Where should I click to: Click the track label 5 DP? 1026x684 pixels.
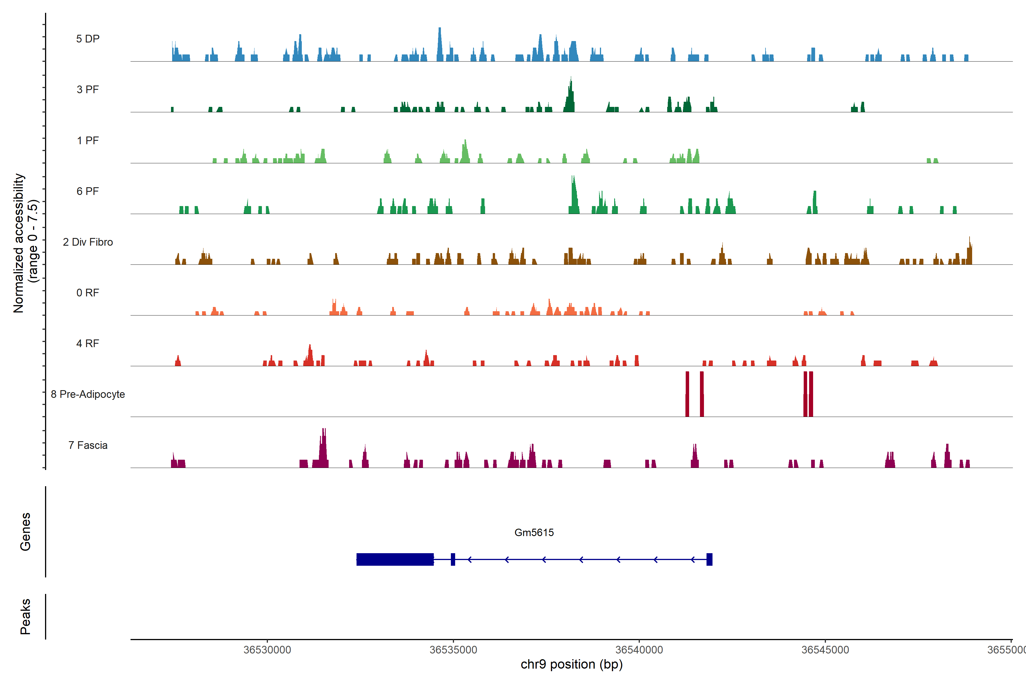[x=88, y=39]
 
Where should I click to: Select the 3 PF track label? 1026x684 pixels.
[x=88, y=89]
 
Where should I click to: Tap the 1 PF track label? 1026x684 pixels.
[x=88, y=141]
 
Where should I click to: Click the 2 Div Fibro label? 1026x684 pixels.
[x=88, y=242]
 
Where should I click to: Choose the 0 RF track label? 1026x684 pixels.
[x=88, y=293]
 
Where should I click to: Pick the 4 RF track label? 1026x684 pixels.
[x=88, y=343]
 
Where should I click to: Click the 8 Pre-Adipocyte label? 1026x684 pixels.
[x=88, y=394]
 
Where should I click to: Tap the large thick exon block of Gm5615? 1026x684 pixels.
[x=395, y=559]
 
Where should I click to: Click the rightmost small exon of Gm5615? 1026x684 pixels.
[x=709, y=559]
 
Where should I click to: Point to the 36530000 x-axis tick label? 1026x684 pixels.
[x=267, y=650]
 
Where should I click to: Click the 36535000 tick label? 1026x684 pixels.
[x=453, y=650]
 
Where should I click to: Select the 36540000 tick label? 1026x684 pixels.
[x=639, y=650]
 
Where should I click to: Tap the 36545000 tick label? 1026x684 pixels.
[x=825, y=650]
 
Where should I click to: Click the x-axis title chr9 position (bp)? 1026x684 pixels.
[x=571, y=664]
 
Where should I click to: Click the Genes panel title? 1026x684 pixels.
[x=25, y=532]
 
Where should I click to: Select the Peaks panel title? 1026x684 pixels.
[x=25, y=616]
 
